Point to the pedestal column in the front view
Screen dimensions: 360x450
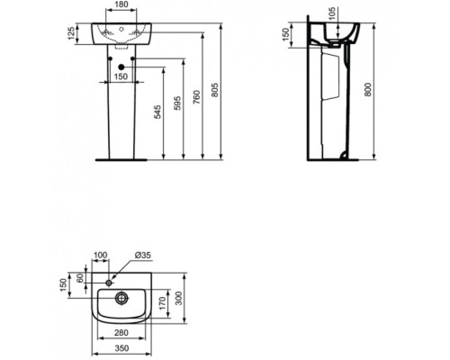point(121,117)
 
